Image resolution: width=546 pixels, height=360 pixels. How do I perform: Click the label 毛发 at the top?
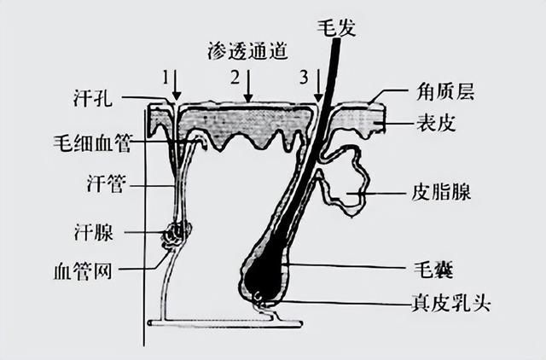(x=337, y=28)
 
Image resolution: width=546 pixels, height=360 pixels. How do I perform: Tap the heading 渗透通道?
(x=247, y=52)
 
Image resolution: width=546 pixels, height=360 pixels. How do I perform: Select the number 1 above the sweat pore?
(x=166, y=78)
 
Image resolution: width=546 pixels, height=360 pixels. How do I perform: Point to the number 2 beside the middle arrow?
(x=235, y=78)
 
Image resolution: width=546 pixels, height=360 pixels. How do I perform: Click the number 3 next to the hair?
(x=304, y=78)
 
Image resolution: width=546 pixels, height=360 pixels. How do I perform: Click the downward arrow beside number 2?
(x=248, y=86)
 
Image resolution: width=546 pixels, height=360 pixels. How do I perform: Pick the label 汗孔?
(x=93, y=98)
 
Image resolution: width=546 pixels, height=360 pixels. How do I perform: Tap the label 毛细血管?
(x=92, y=142)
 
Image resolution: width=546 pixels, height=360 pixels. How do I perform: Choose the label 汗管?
(x=106, y=183)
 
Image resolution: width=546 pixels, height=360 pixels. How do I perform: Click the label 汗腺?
(x=94, y=232)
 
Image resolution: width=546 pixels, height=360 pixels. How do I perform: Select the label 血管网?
(x=83, y=271)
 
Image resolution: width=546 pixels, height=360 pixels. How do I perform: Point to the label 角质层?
(x=445, y=92)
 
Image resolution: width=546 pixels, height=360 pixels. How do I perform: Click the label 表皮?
(x=436, y=123)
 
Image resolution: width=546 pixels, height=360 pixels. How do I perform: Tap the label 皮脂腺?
(x=441, y=192)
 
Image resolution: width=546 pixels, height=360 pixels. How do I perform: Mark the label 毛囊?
(x=433, y=269)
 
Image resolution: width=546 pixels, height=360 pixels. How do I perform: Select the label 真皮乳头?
(x=451, y=303)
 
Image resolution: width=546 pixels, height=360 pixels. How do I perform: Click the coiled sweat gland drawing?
(x=177, y=235)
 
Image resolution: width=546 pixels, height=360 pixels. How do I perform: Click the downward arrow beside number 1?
(x=177, y=85)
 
